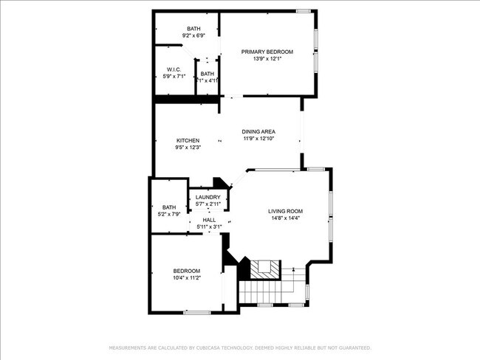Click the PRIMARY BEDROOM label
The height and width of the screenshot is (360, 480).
[x=267, y=52]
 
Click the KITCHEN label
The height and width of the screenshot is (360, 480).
[x=188, y=140]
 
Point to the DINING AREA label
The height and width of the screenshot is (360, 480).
[x=258, y=131]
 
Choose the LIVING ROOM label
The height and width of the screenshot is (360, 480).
[x=285, y=211]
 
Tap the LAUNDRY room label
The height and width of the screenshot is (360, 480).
[x=208, y=197]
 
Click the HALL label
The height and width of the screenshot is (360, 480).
[x=209, y=220]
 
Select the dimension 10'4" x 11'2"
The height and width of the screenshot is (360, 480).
[x=187, y=277]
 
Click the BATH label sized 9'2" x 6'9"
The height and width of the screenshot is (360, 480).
[x=193, y=28]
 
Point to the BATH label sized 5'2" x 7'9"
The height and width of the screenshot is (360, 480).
[x=169, y=207]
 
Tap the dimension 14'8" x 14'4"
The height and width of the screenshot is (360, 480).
[x=285, y=218]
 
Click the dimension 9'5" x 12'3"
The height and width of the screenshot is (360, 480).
[x=188, y=147]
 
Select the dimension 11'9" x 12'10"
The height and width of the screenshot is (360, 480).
[x=258, y=138]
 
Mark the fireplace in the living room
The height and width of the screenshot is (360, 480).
[x=263, y=269]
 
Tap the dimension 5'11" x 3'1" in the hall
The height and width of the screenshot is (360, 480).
[x=209, y=226]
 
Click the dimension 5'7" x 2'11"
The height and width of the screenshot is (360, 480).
[x=208, y=204]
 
